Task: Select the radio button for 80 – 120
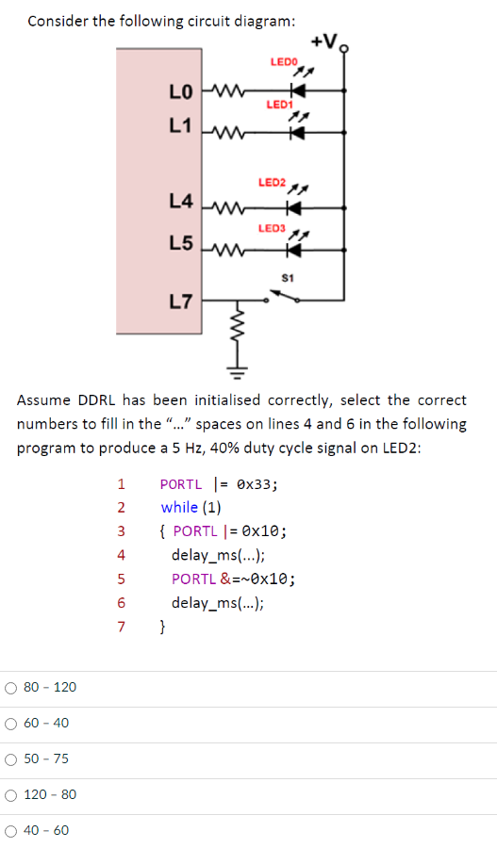(x=11, y=688)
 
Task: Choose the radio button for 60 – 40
(x=11, y=724)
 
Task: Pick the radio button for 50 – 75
(x=11, y=759)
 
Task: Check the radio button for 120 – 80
(x=11, y=795)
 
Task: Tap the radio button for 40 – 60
(x=11, y=831)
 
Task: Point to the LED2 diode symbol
(x=294, y=206)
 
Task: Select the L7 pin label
(x=180, y=302)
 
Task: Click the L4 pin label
(x=180, y=201)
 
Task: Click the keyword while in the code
(x=179, y=507)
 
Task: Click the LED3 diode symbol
(x=294, y=252)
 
